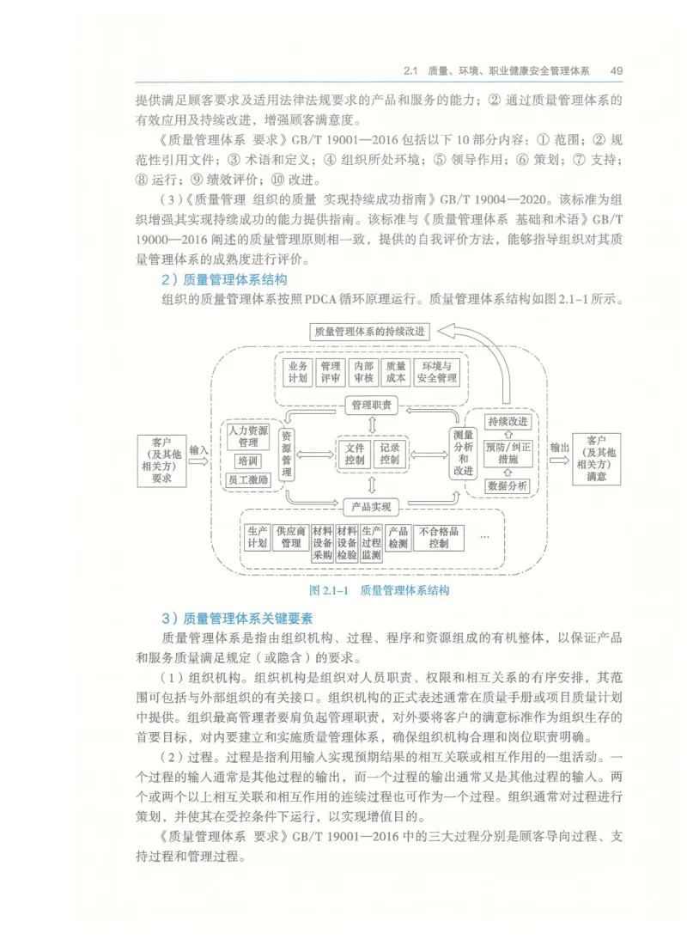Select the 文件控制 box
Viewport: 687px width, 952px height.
(355, 454)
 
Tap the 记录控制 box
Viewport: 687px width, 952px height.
(389, 454)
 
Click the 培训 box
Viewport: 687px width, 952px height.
(247, 461)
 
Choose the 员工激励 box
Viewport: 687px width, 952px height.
(248, 480)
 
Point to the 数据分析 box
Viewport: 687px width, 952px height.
(507, 485)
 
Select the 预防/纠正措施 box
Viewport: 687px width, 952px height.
(507, 453)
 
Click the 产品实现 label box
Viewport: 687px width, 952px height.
(372, 506)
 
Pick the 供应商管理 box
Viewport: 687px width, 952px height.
(290, 537)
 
